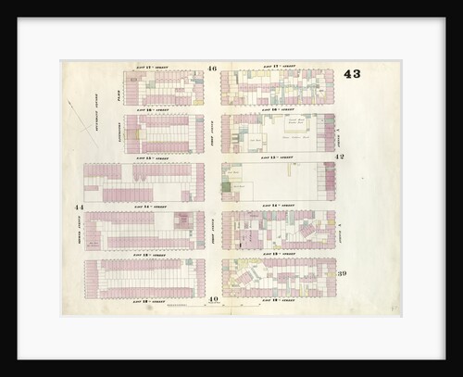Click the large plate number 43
[x=352, y=74]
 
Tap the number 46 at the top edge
[x=212, y=69]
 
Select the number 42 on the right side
[x=340, y=157]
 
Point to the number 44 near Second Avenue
[x=80, y=207]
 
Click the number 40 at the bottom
[x=213, y=299]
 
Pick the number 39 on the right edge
[x=342, y=273]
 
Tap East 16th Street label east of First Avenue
[x=277, y=109]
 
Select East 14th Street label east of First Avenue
[x=277, y=204]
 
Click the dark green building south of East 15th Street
[x=226, y=188]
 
